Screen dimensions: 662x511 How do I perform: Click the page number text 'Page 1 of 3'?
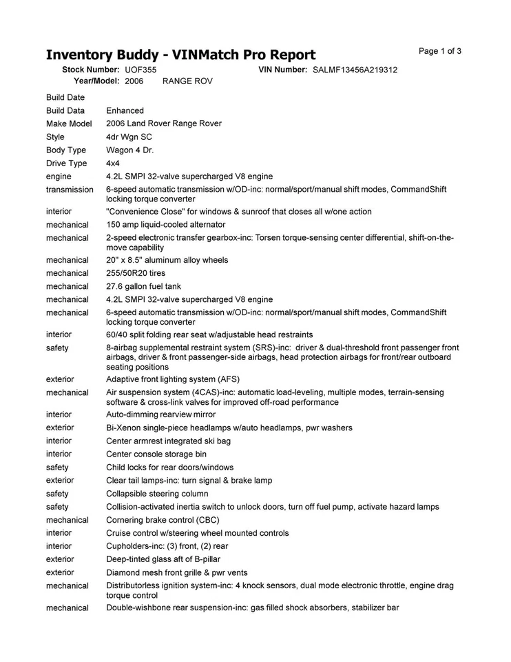(440, 51)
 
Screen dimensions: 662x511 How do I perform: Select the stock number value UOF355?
(140, 70)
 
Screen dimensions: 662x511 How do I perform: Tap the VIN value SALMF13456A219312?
(355, 70)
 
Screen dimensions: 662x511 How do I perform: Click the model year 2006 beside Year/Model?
(134, 81)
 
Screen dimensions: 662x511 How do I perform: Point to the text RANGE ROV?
(187, 81)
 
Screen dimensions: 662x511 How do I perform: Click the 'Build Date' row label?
(65, 97)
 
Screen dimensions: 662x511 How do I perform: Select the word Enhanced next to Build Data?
(125, 110)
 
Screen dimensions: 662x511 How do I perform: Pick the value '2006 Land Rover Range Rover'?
(164, 123)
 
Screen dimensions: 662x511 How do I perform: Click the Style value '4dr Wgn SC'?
(129, 137)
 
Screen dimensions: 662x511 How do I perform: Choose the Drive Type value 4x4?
(112, 163)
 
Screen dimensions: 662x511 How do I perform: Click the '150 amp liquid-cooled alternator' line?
(165, 224)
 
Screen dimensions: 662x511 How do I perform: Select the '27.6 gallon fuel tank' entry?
(143, 286)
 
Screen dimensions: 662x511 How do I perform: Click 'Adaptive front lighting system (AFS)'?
(172, 379)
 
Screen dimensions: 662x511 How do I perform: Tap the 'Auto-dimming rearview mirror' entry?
(160, 414)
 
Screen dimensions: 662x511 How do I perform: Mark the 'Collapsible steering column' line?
(157, 494)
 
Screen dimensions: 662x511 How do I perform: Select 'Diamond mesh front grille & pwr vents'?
(176, 572)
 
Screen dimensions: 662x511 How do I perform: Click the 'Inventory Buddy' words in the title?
(98, 55)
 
